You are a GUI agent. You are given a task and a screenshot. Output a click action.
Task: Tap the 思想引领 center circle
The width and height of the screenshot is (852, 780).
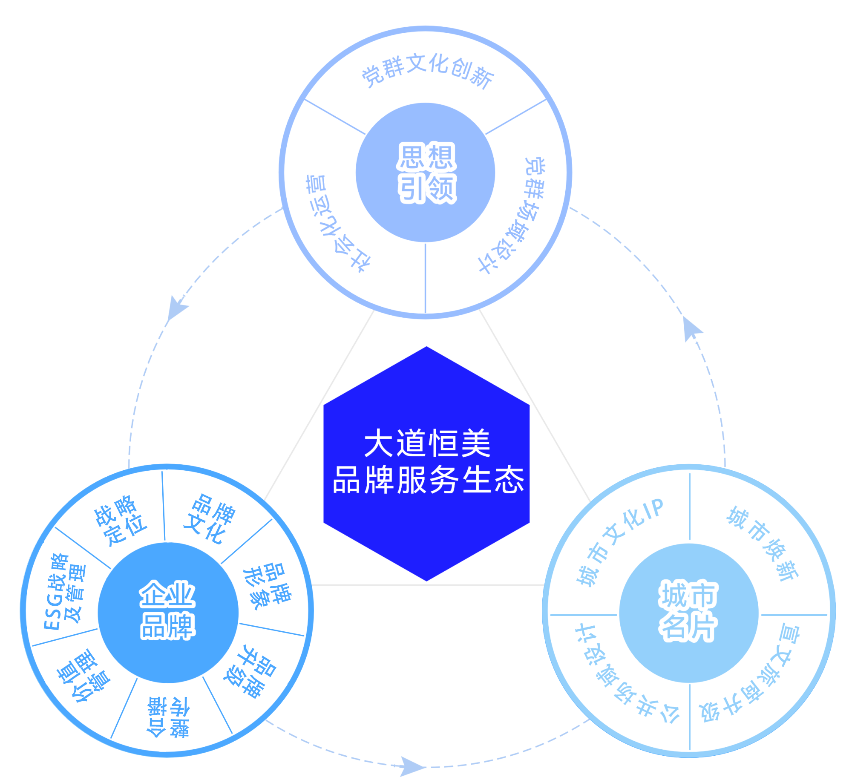pyautogui.click(x=426, y=173)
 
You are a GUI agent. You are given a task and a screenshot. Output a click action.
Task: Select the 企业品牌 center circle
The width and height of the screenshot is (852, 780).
pyautogui.click(x=168, y=612)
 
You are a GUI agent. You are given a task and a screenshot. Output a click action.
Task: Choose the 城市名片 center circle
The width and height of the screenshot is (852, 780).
pyautogui.click(x=688, y=613)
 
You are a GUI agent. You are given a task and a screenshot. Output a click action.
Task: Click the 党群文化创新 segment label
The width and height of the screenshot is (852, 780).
pyautogui.click(x=427, y=70)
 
